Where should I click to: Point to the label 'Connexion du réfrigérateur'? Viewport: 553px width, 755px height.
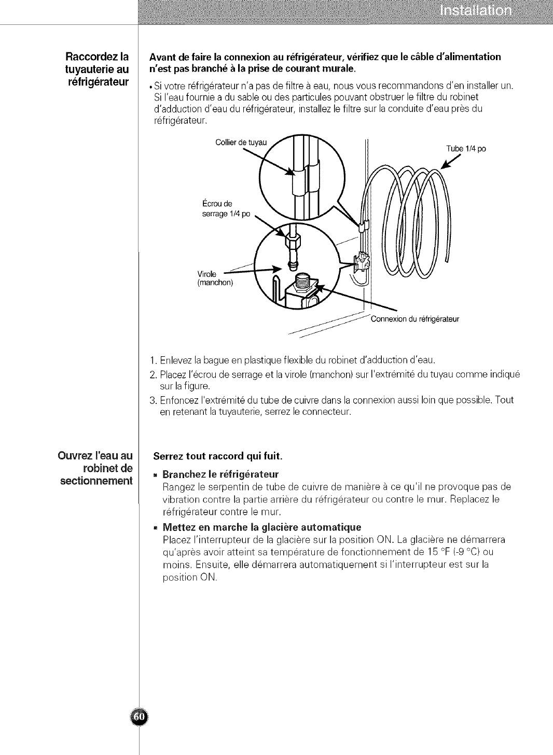tap(414, 319)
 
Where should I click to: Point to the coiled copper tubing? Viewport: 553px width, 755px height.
tap(410, 218)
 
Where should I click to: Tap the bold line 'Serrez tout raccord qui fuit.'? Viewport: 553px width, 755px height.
tap(218, 457)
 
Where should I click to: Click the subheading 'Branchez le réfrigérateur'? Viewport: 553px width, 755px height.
tap(220, 474)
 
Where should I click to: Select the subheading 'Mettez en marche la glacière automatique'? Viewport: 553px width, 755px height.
tap(262, 527)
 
